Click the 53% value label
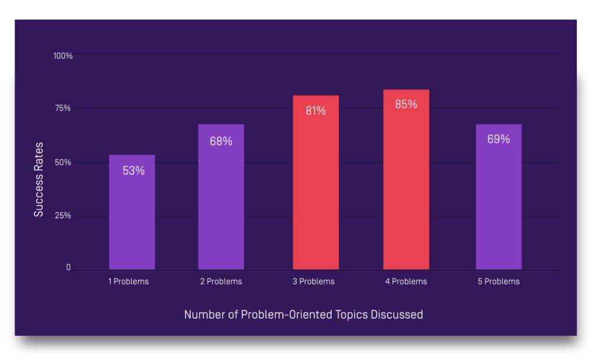tap(133, 171)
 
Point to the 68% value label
tap(221, 141)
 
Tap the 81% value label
tap(315, 111)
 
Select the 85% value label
tap(406, 105)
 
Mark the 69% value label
tap(498, 140)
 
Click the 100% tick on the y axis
tap(63, 56)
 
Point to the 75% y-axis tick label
tap(63, 108)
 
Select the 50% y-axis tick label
tap(63, 162)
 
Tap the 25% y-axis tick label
tap(63, 216)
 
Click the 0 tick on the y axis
tap(68, 268)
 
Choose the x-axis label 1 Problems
tap(128, 281)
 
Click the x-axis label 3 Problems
tap(314, 281)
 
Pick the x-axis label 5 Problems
tap(499, 281)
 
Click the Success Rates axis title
tap(38, 179)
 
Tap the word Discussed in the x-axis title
tap(396, 315)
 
